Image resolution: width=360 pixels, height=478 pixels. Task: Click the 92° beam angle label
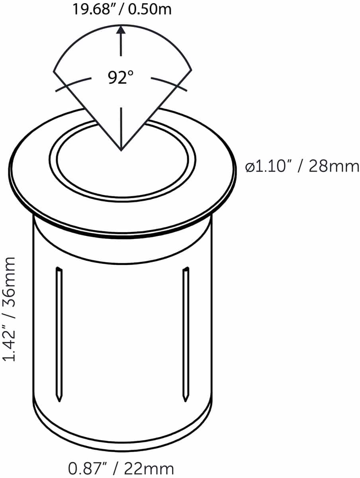(x=120, y=77)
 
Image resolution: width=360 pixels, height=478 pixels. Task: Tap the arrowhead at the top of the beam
(x=121, y=29)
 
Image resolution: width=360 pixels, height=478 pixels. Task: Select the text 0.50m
(x=150, y=9)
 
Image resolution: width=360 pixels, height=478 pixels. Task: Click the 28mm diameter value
(x=334, y=167)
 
